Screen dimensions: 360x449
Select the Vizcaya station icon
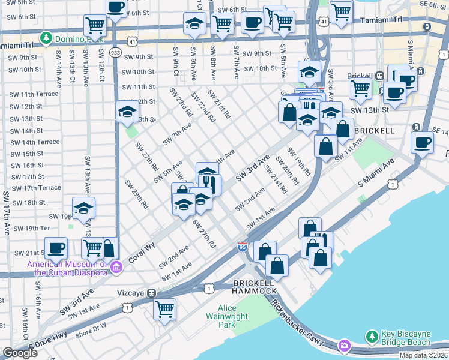[152, 293]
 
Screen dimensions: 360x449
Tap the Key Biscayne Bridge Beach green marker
[371, 335]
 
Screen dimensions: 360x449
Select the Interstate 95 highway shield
[243, 246]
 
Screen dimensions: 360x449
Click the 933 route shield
[115, 53]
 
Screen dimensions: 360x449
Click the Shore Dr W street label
[91, 326]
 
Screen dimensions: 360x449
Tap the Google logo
[20, 353]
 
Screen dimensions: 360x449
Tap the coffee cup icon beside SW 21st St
[57, 247]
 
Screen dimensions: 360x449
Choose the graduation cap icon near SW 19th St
[83, 208]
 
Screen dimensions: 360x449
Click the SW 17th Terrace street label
[32, 188]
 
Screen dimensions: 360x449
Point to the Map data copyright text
[423, 355]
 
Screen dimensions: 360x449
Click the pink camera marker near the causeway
[344, 346]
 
